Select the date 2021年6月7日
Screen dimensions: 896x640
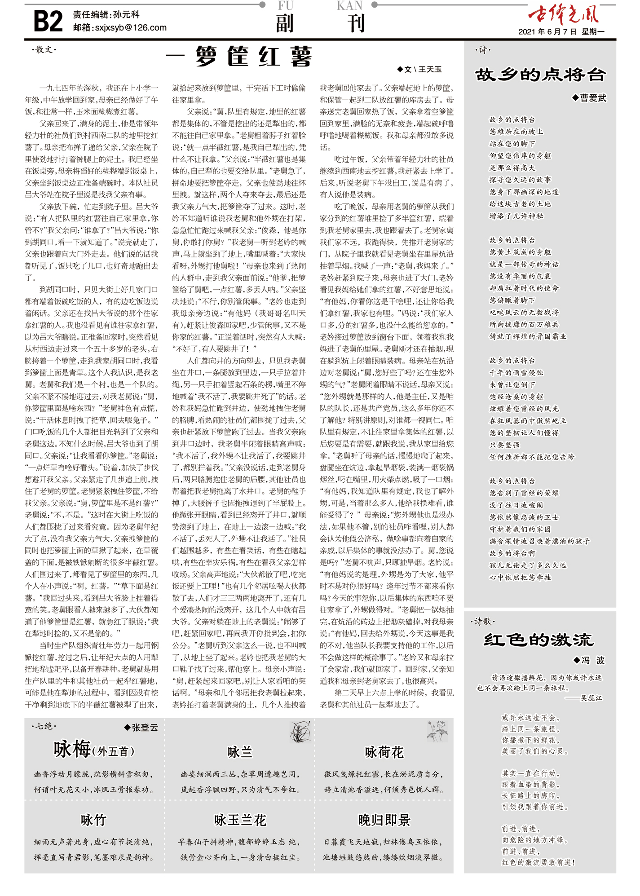pos(547,32)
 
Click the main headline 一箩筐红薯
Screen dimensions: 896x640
pos(239,57)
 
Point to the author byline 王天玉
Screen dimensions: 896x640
pos(430,70)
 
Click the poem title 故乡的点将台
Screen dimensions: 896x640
pos(540,75)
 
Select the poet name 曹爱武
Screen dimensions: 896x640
pos(593,98)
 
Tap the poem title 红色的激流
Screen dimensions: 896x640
pos(538,640)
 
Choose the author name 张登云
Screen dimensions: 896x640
pos(145,728)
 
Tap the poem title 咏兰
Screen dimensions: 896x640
pos(240,752)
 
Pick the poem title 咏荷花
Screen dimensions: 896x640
pos(384,752)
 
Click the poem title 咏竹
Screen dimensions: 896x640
pos(93,820)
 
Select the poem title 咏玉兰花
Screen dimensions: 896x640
pos(240,820)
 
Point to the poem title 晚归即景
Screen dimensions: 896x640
pos(384,820)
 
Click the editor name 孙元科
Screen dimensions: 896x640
pos(126,15)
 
